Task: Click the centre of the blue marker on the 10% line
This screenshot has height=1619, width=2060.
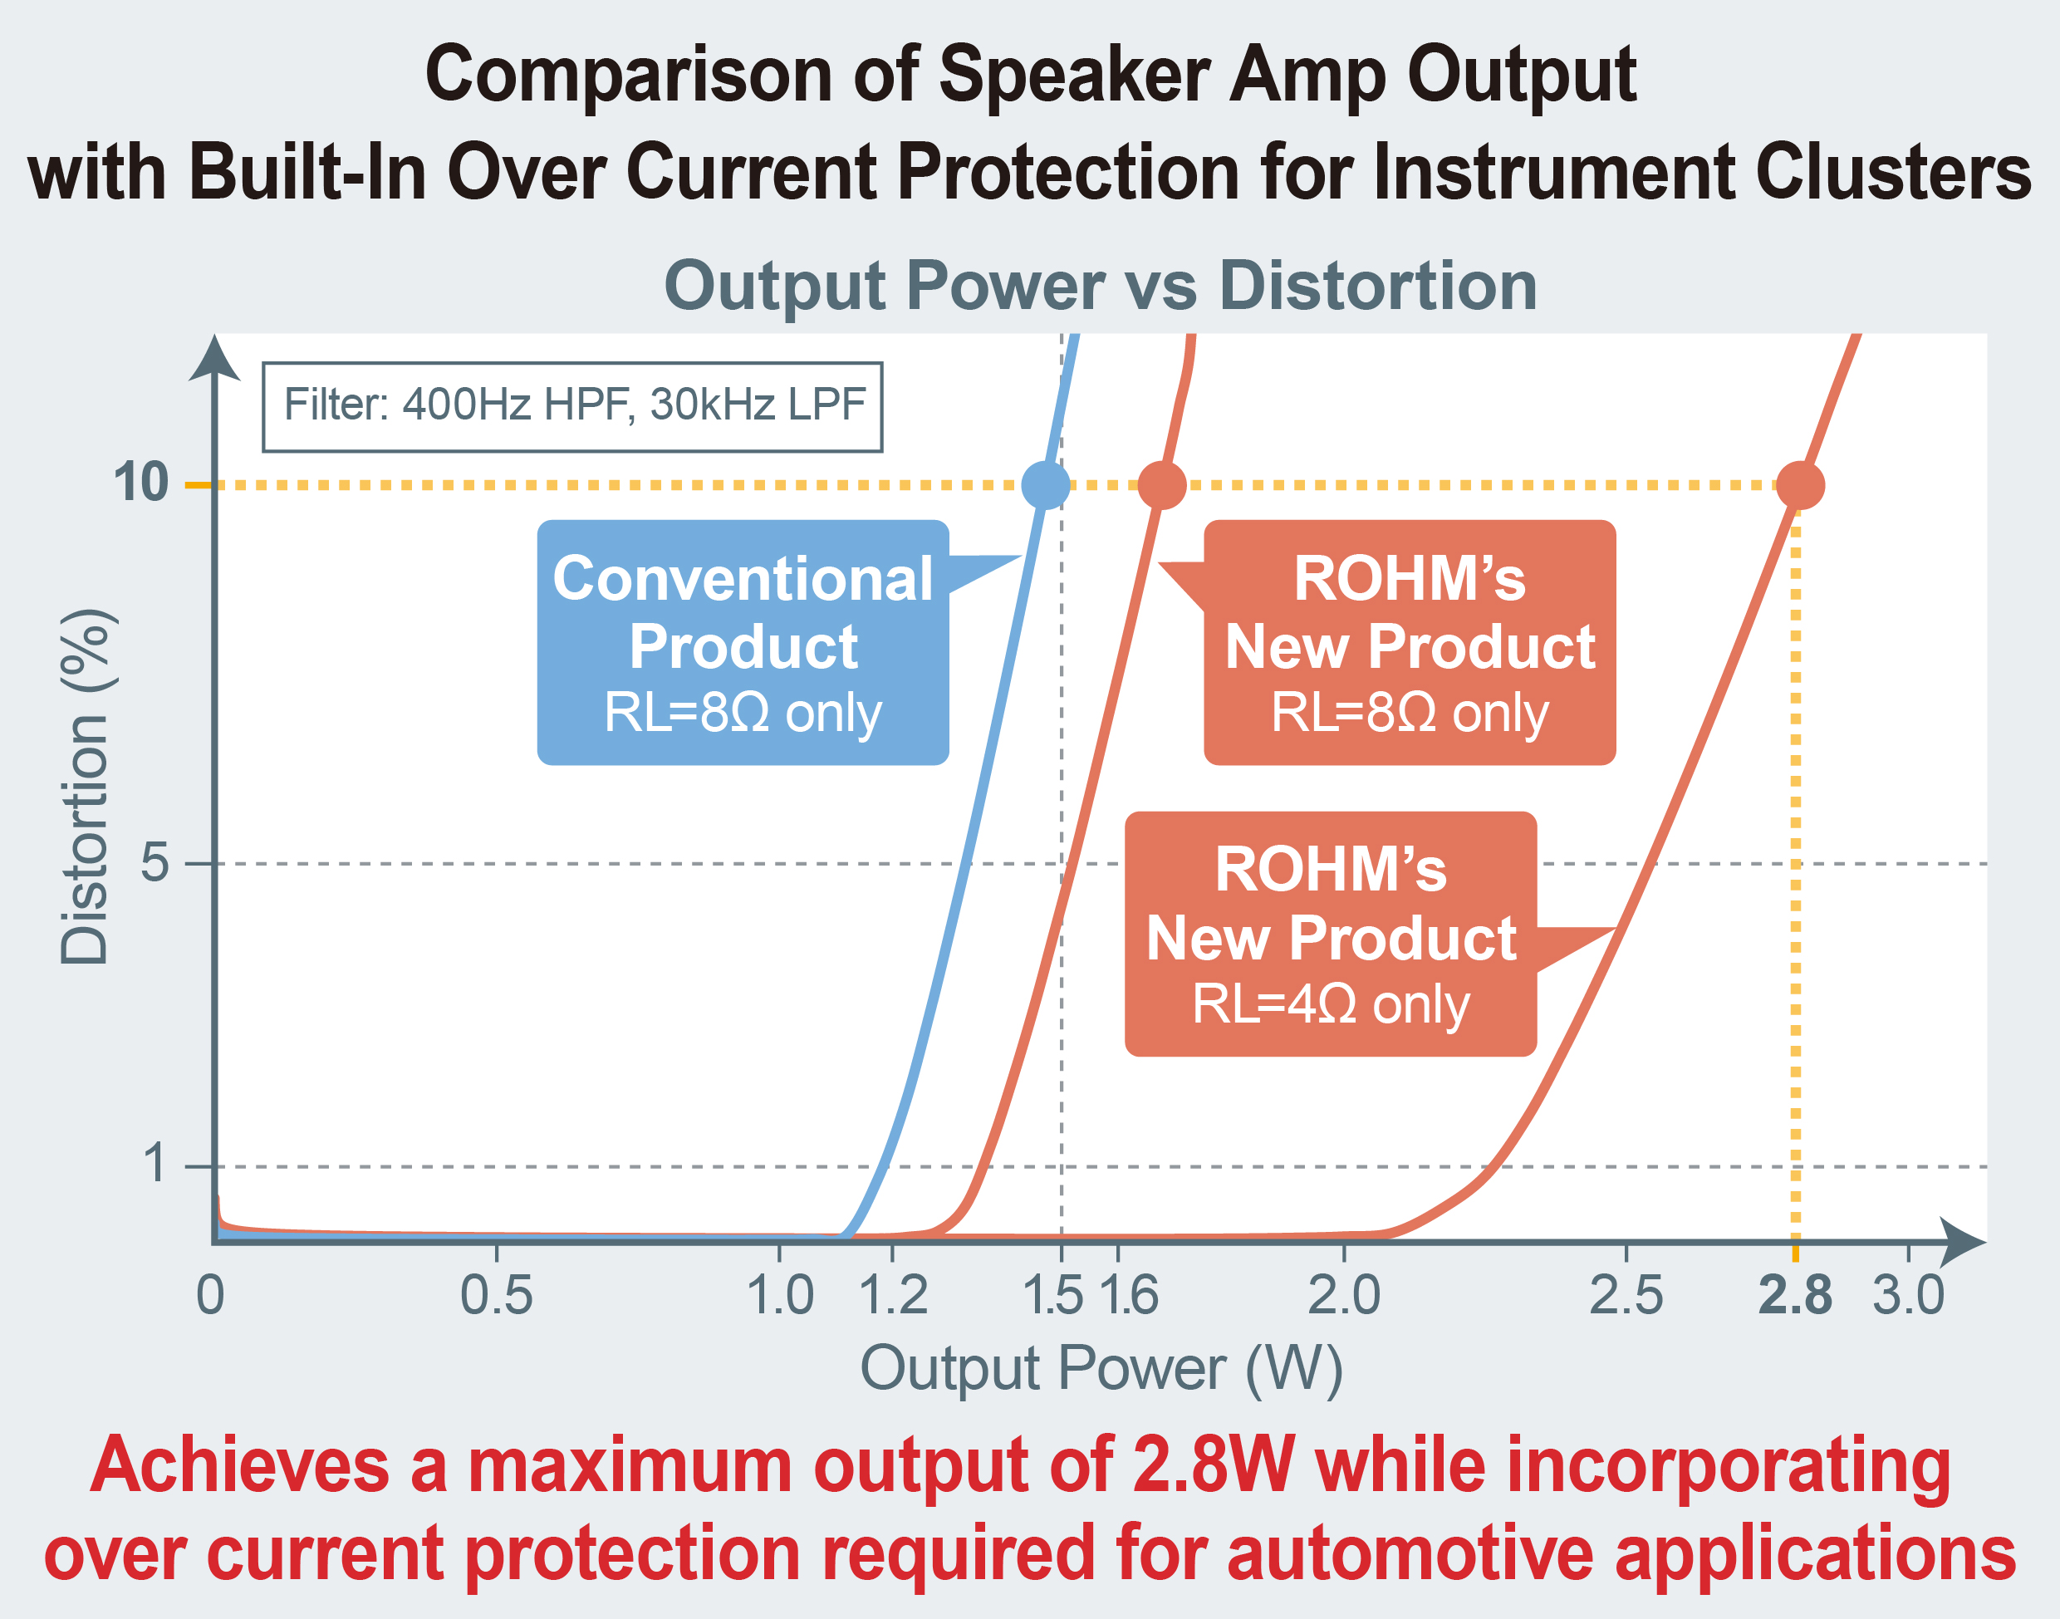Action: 1046,485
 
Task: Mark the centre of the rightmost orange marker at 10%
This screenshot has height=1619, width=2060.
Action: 1800,485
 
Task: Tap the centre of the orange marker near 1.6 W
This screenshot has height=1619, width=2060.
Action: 1161,485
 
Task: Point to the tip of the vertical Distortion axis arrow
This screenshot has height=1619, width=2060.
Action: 214,335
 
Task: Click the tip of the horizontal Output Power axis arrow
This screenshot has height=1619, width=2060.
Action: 1986,1242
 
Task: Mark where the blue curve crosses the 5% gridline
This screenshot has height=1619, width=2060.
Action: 964,864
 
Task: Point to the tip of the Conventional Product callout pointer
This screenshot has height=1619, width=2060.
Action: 1021,557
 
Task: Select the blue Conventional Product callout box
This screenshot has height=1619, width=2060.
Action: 743,643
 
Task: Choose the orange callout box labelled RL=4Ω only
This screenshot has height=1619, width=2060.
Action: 1331,934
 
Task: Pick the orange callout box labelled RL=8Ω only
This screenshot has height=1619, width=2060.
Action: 1410,643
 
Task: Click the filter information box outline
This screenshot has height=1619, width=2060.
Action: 572,407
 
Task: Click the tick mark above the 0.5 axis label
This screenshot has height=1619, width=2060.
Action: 497,1252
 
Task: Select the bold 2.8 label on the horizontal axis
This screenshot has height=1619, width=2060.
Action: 1794,1295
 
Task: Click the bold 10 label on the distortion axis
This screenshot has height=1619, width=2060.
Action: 141,482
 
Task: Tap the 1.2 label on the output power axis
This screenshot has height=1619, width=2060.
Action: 892,1295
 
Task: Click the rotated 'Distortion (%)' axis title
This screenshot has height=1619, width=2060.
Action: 86,787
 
